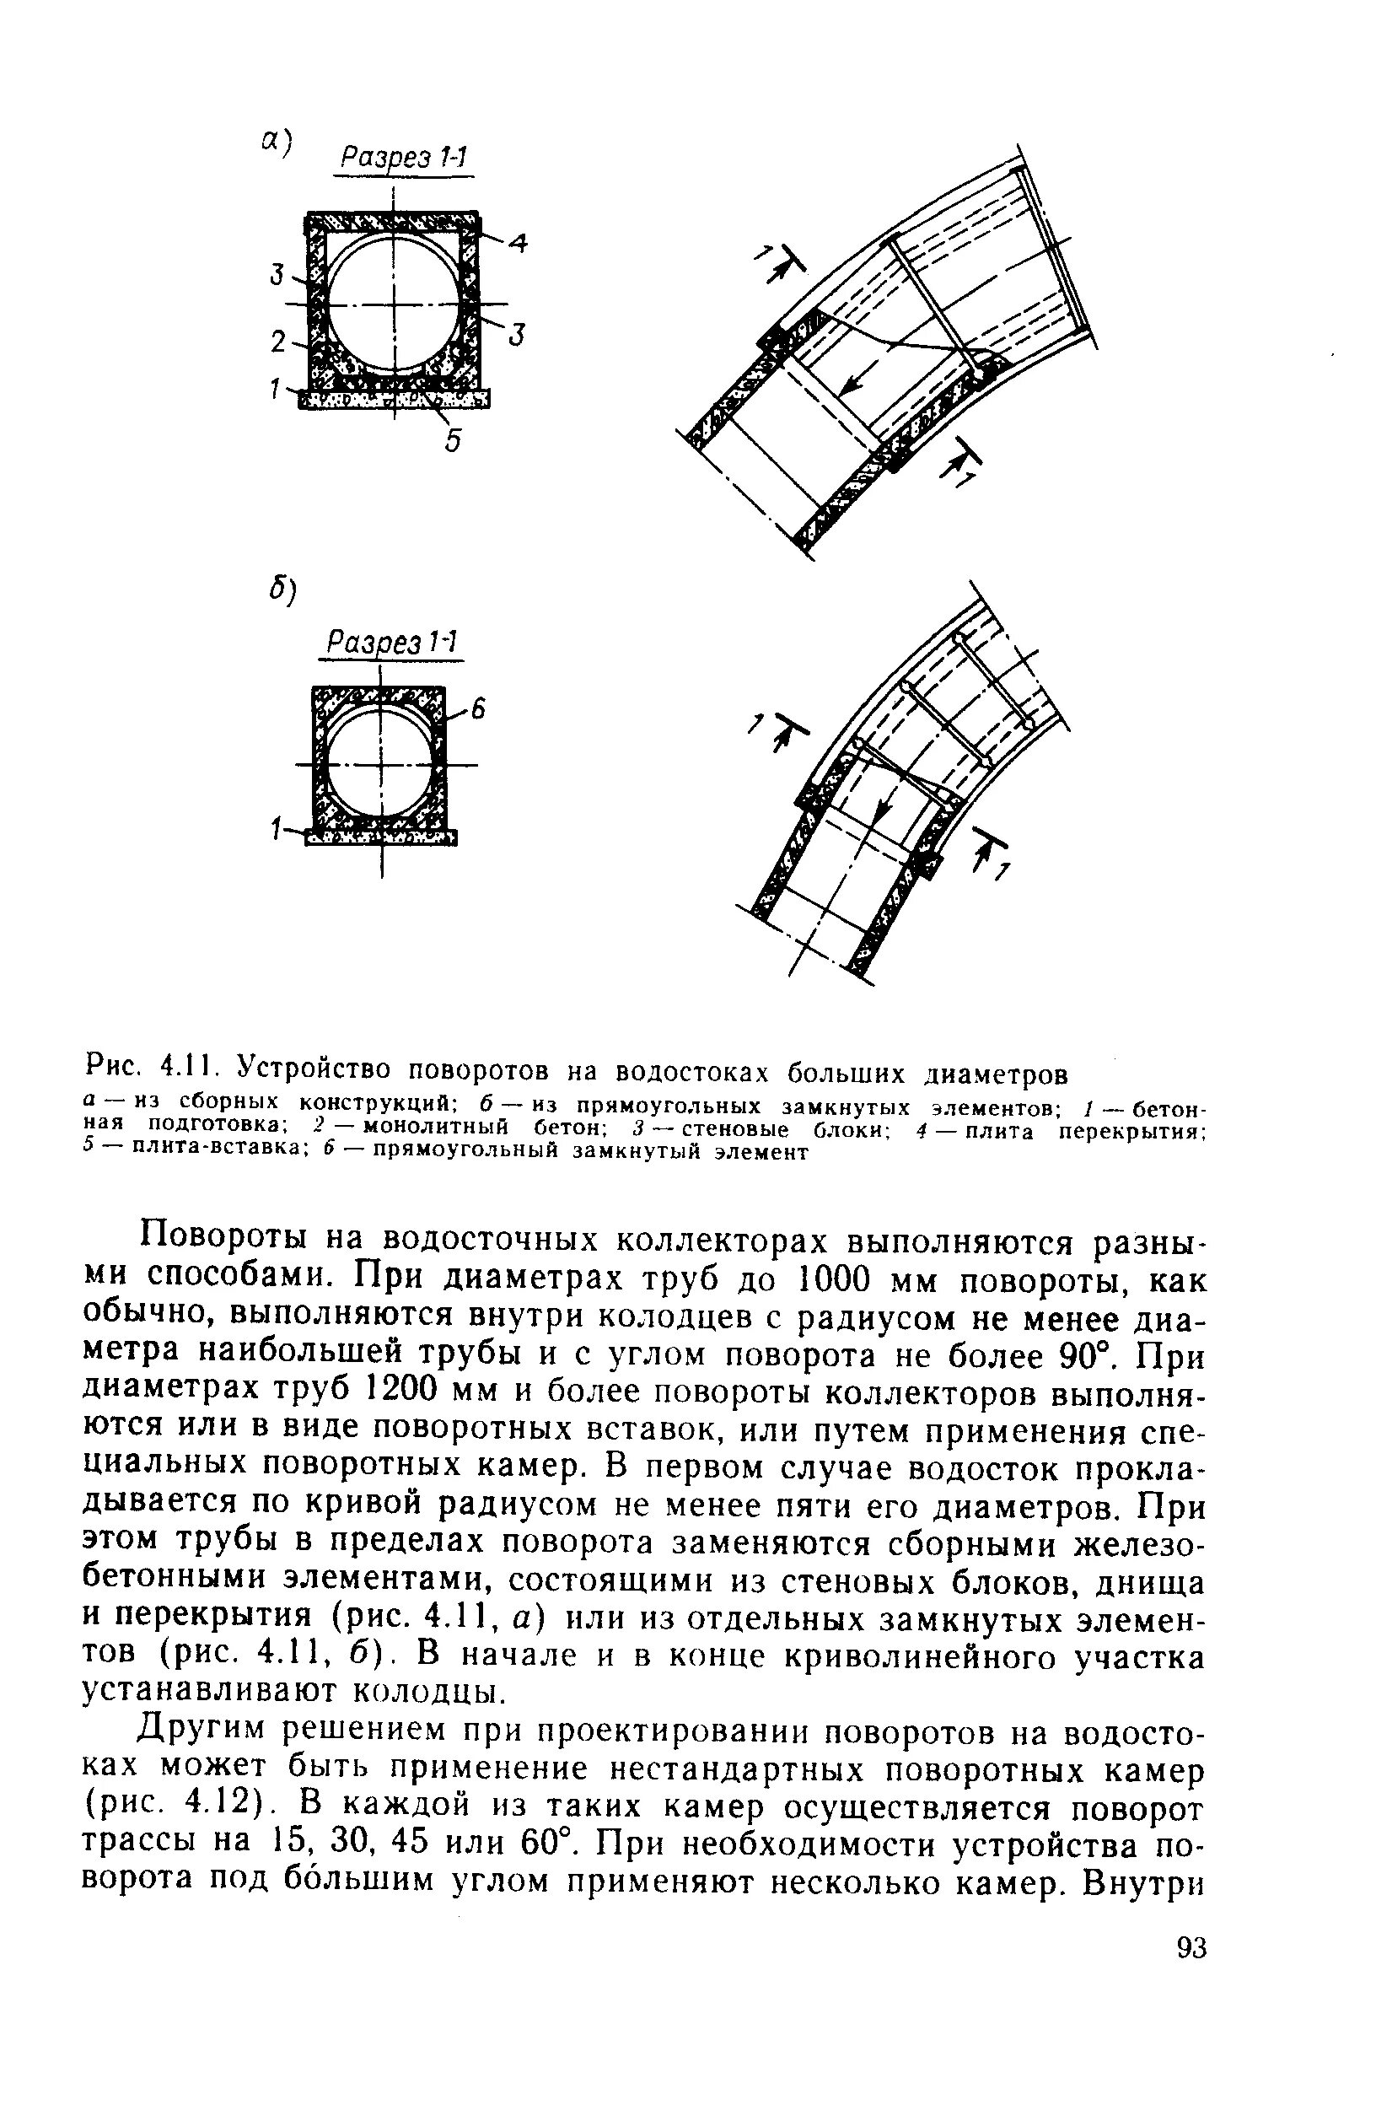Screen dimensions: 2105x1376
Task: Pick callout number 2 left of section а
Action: tap(279, 342)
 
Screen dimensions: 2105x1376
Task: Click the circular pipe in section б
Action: tap(380, 763)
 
